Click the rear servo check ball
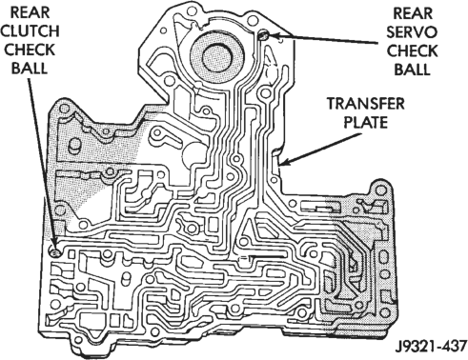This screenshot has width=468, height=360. [x=264, y=35]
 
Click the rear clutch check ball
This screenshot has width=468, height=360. [x=54, y=252]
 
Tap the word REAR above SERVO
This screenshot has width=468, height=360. [x=413, y=13]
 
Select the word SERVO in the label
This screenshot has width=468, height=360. [x=412, y=31]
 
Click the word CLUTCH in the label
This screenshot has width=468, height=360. [x=31, y=30]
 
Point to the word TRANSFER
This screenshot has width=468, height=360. [x=366, y=104]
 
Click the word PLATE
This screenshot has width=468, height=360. [x=366, y=122]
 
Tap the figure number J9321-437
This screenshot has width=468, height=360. [x=431, y=346]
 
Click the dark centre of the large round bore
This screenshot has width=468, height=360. [x=216, y=58]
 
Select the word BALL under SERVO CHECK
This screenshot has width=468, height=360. [x=412, y=70]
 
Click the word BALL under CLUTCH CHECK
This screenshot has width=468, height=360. [x=30, y=68]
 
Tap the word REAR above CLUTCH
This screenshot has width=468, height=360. [x=31, y=12]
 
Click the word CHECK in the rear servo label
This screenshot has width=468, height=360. [x=412, y=50]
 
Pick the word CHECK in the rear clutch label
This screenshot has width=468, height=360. [x=30, y=50]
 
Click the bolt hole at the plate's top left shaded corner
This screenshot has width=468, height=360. [x=64, y=109]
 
